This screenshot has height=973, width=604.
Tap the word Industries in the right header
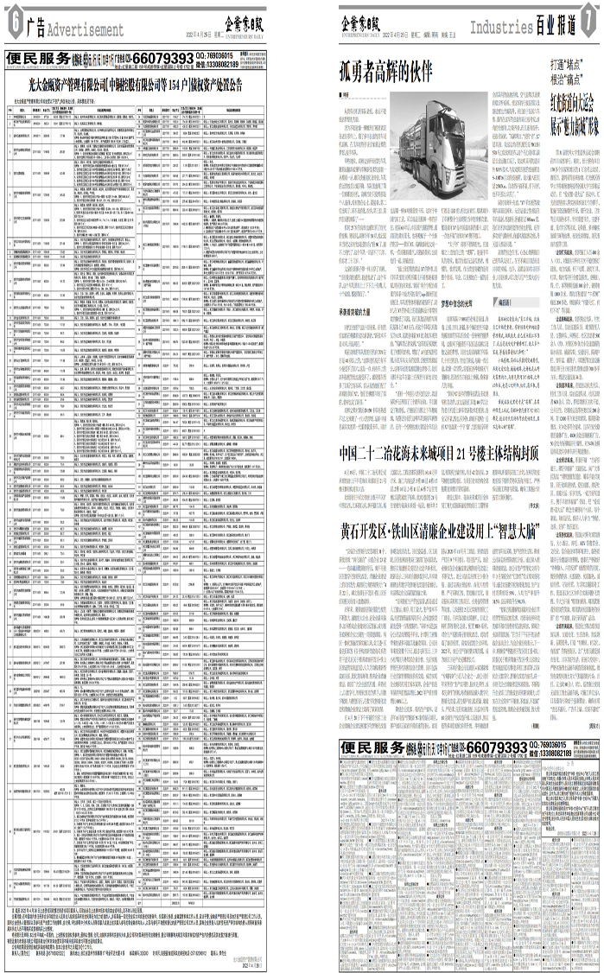pyautogui.click(x=500, y=28)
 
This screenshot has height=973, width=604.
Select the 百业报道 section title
pyautogui.click(x=555, y=28)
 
